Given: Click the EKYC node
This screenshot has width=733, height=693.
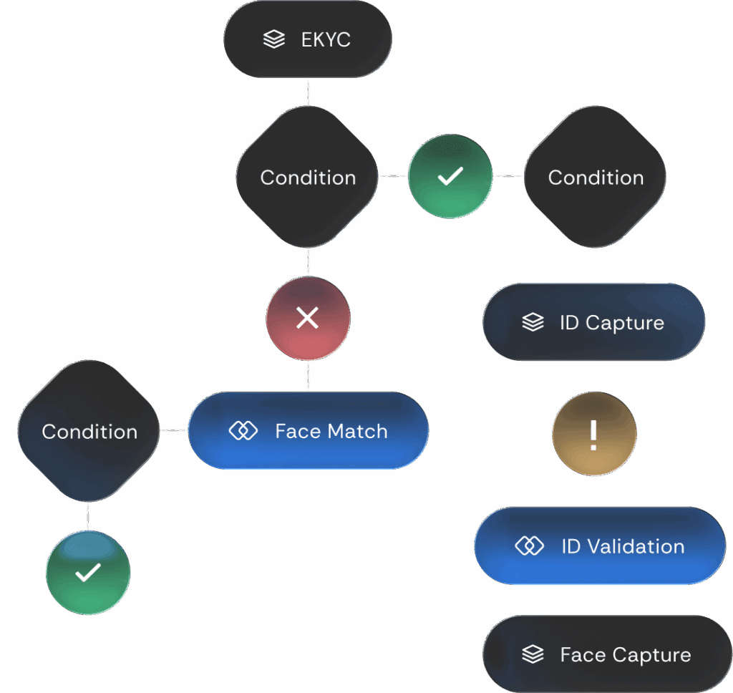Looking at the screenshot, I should [308, 39].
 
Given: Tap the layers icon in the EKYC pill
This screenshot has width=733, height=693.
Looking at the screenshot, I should [273, 39].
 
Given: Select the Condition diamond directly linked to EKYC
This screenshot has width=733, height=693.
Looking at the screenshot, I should [308, 178].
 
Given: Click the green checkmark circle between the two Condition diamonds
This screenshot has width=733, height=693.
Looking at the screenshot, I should [450, 176].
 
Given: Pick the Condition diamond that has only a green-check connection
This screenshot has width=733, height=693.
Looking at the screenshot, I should [596, 178].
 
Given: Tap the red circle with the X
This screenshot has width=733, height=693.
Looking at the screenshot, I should [308, 319].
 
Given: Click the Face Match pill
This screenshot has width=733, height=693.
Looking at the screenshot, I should [309, 431].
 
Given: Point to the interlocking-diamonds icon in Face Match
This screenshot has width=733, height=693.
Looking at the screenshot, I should [243, 431].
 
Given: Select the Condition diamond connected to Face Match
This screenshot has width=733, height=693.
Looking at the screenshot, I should [89, 431].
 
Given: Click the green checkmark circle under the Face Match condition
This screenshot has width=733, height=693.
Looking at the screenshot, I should [88, 573].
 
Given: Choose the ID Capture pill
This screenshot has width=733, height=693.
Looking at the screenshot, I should [593, 323].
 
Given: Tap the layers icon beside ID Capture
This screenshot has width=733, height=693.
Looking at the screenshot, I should [533, 323].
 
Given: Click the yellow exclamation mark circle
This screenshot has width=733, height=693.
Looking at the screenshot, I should [593, 435].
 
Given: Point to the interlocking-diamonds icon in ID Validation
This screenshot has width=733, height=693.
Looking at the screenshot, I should [529, 546].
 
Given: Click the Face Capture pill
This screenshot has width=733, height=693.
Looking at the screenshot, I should [607, 654].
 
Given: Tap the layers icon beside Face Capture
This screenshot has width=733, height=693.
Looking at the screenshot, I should [533, 654].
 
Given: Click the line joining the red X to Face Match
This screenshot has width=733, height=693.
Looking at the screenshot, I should [308, 376].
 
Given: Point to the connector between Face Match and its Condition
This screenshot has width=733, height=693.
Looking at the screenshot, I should [174, 430].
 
